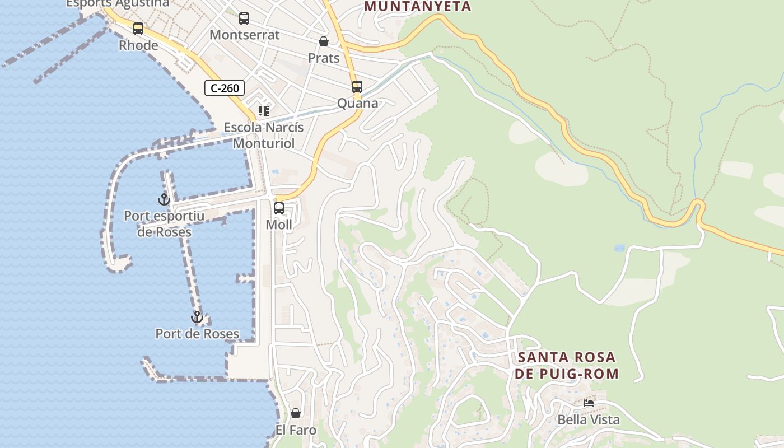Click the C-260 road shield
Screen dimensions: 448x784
point(225,88)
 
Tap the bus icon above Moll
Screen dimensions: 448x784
point(279,208)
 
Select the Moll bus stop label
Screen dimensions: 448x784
point(279,225)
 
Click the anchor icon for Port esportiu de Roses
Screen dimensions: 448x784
point(164,199)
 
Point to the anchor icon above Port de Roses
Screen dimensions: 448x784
point(197,318)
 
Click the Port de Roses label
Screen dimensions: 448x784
point(197,334)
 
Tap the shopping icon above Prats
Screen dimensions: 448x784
point(324,41)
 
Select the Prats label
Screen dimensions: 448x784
point(324,58)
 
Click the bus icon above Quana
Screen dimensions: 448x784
point(357,87)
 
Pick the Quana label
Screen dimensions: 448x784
point(357,103)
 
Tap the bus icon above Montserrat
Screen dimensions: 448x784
point(244,18)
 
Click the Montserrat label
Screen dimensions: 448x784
point(244,35)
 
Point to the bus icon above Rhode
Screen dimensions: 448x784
point(138,29)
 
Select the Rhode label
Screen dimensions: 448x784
point(138,45)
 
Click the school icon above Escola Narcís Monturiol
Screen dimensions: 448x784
point(264,111)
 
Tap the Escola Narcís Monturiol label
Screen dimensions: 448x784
point(264,135)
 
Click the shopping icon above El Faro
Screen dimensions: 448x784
point(296,414)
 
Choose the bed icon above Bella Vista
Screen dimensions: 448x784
point(589,403)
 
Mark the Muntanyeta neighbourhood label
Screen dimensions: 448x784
point(418,7)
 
